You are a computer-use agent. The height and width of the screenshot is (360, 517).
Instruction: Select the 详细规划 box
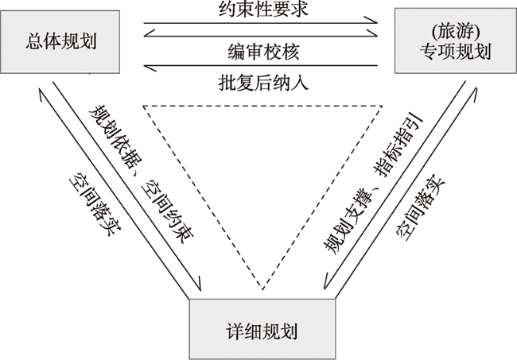(x=260, y=328)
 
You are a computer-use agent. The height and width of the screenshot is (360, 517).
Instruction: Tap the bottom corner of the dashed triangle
(x=260, y=287)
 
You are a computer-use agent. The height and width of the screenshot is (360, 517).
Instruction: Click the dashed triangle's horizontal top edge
(x=260, y=104)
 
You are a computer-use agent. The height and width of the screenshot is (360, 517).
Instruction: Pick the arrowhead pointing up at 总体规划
(x=41, y=93)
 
